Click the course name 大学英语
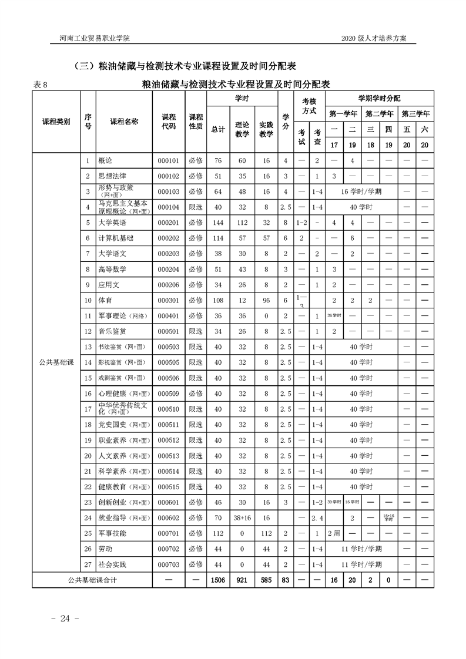click(x=112, y=223)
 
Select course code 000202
click(x=167, y=239)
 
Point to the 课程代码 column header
click(x=169, y=122)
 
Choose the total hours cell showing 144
click(x=218, y=223)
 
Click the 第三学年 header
click(x=415, y=113)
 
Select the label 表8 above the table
click(x=40, y=85)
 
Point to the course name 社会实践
click(x=112, y=565)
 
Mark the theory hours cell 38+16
click(x=242, y=518)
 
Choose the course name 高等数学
click(x=112, y=270)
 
